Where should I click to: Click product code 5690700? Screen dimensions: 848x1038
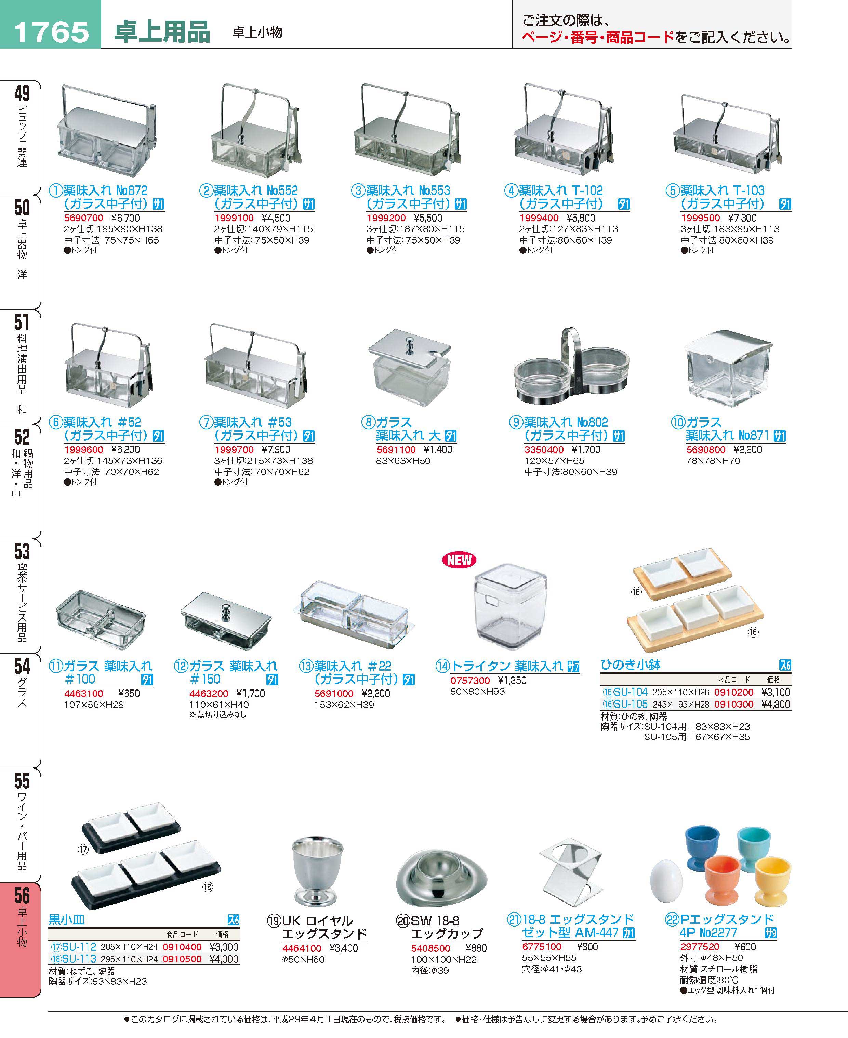[83, 218]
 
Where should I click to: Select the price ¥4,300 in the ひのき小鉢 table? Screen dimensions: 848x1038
[776, 705]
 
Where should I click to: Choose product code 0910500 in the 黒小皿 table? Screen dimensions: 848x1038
[182, 959]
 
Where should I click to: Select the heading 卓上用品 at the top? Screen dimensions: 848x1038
[162, 32]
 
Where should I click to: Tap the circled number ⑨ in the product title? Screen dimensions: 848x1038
[516, 422]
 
